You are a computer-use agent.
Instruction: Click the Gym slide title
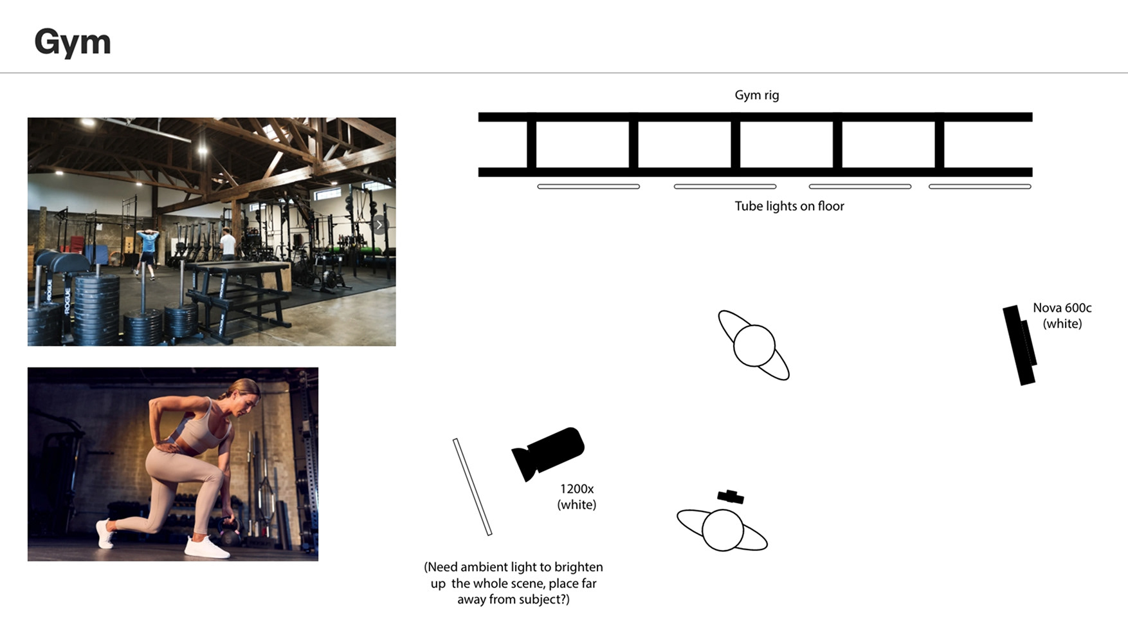(73, 43)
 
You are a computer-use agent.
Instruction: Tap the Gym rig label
(757, 95)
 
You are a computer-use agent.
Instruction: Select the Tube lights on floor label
(789, 206)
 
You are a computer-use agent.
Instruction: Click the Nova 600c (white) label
(1062, 315)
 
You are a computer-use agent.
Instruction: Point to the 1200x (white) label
(576, 497)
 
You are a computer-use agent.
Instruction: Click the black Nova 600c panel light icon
(1020, 345)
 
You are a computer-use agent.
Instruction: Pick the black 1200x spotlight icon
(548, 453)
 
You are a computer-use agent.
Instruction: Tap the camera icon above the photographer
(731, 496)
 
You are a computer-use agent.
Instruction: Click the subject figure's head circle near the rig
(754, 345)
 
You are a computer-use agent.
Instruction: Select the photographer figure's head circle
(723, 530)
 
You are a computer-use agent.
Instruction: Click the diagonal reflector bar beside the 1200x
(472, 487)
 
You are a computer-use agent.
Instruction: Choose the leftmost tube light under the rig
(588, 187)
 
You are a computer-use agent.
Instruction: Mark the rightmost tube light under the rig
(980, 187)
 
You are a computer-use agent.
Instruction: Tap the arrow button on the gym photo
(379, 225)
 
